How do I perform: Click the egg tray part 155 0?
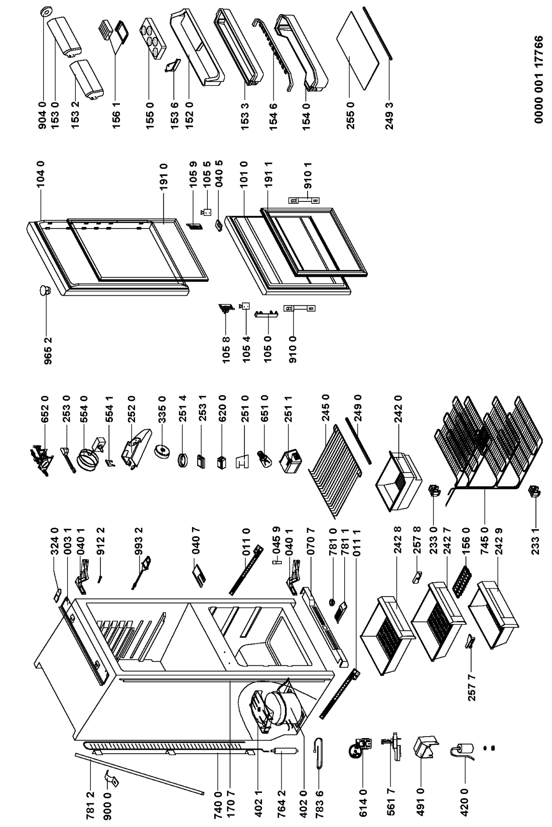[151, 41]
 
